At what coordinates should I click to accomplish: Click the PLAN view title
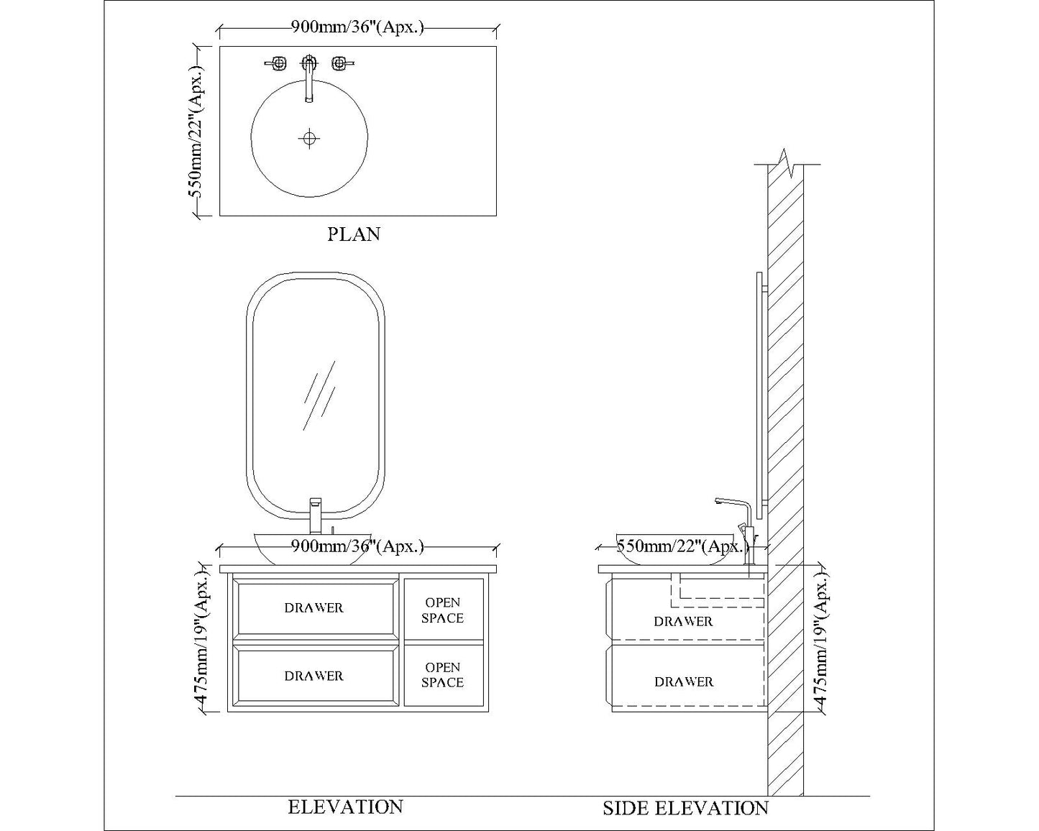354,234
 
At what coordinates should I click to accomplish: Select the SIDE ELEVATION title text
685,809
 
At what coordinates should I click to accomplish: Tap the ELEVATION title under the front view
345,807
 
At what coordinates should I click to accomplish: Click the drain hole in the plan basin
309,138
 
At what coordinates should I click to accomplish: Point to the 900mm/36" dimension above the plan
357,27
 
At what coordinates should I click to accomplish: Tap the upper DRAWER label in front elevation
313,608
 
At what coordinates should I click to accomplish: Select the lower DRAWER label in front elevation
313,676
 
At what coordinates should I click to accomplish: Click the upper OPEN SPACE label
442,610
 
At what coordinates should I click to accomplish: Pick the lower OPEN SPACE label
442,675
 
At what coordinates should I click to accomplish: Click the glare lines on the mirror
319,395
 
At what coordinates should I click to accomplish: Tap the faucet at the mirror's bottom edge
315,515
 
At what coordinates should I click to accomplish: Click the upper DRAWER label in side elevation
683,621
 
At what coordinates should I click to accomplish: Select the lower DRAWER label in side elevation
684,681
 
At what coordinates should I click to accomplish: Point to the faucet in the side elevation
741,525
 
